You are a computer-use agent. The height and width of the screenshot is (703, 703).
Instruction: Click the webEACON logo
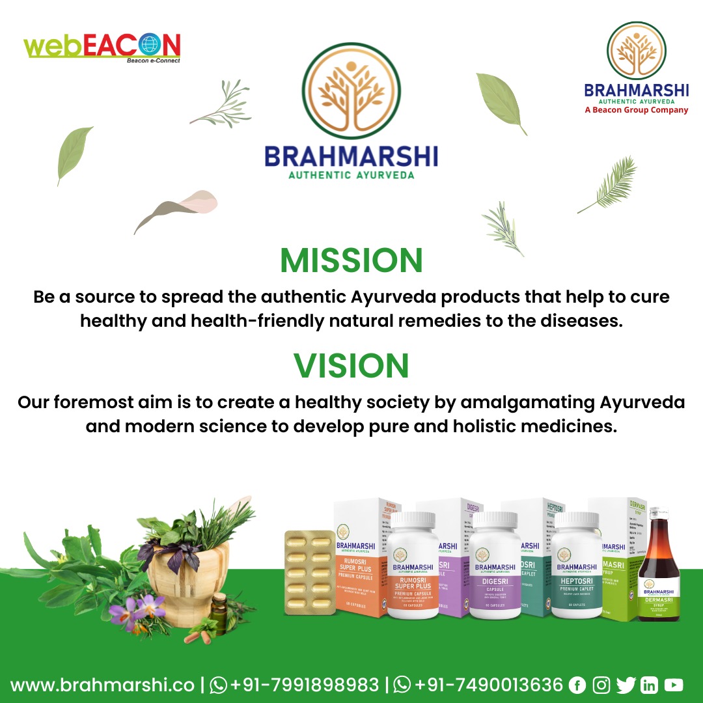pos(102,47)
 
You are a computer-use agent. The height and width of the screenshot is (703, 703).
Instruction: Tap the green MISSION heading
pos(351,260)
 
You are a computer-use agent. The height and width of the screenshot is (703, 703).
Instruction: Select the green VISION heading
pos(351,366)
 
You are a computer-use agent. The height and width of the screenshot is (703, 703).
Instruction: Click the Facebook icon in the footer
pos(577,685)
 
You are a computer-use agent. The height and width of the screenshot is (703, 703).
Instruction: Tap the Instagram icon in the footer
pos(602,685)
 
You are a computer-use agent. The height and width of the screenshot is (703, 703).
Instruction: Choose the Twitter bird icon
pos(626,685)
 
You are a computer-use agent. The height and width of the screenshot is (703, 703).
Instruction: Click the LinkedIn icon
pos(649,685)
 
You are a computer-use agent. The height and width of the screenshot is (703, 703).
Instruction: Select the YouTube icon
pos(674,685)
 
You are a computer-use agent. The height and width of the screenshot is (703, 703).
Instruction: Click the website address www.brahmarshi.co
pos(102,685)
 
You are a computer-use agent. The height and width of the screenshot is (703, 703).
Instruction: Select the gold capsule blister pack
pos(311,572)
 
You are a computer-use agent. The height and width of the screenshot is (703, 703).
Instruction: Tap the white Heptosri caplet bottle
pos(576,566)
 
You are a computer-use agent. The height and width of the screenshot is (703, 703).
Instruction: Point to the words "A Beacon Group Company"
pos(636,111)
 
